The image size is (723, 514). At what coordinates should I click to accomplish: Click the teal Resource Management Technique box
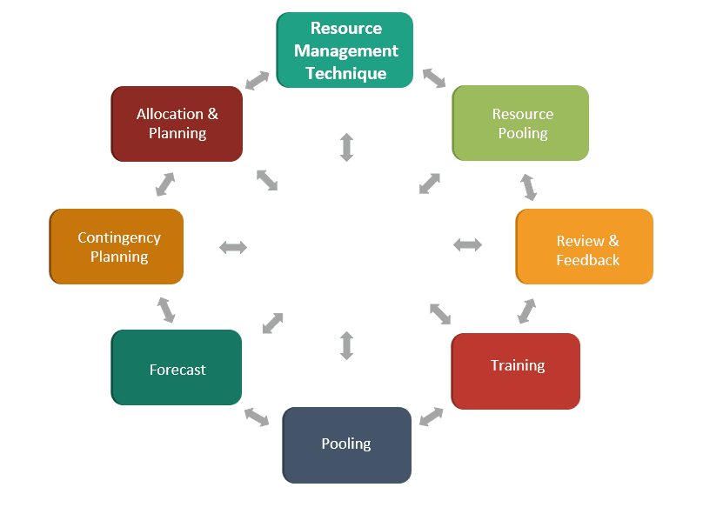pos(345,50)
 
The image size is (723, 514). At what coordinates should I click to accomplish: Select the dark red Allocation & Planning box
pos(177,123)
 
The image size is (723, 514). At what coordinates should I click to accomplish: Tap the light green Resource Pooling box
pos(521,123)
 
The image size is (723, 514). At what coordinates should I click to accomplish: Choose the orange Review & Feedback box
pos(585,246)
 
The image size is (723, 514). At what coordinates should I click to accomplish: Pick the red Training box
pos(516,370)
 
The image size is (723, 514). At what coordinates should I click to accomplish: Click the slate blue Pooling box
pos(346,444)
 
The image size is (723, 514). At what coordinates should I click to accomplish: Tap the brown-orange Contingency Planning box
pos(117,246)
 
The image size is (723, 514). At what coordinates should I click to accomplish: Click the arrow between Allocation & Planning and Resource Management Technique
pos(257,81)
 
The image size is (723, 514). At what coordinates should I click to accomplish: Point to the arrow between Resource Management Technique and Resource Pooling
pos(434,77)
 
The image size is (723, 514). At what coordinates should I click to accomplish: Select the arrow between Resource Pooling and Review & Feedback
pos(528,186)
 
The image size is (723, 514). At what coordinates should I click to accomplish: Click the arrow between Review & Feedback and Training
pos(527,310)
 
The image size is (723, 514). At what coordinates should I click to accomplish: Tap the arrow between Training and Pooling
pos(432,417)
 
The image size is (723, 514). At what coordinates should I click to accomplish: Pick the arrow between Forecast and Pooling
pos(257,417)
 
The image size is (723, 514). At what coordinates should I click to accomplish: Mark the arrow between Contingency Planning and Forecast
pos(165,310)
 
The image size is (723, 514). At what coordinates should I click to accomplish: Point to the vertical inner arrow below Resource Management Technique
pos(346,147)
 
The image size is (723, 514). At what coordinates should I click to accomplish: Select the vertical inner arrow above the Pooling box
pos(346,345)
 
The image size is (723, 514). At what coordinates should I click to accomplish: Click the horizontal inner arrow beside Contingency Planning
pos(233,248)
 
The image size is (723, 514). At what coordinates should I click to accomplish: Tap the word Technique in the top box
pos(346,73)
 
